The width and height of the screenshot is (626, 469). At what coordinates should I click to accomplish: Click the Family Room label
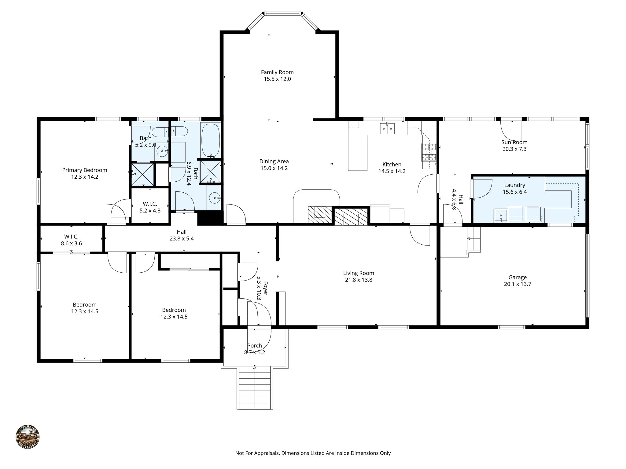277,72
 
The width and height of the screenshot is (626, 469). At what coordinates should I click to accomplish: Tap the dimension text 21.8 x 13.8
358,280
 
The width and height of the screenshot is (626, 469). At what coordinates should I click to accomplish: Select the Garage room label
517,277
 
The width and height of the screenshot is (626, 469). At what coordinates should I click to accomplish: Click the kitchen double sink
387,129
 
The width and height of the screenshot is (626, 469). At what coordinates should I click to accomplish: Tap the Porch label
254,346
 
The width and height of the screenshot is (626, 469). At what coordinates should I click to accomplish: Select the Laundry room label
514,185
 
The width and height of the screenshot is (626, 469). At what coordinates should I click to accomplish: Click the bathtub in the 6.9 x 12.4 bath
210,140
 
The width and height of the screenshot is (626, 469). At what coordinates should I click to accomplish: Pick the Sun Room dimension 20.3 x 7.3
514,149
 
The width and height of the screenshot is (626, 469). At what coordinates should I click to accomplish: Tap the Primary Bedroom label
84,170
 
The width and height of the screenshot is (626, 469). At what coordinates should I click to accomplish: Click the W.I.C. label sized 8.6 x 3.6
71,237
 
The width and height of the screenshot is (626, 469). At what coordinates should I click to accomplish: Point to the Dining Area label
274,161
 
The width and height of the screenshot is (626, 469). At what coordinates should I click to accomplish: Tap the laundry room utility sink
501,215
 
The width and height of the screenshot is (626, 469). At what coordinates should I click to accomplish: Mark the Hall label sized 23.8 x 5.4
181,232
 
